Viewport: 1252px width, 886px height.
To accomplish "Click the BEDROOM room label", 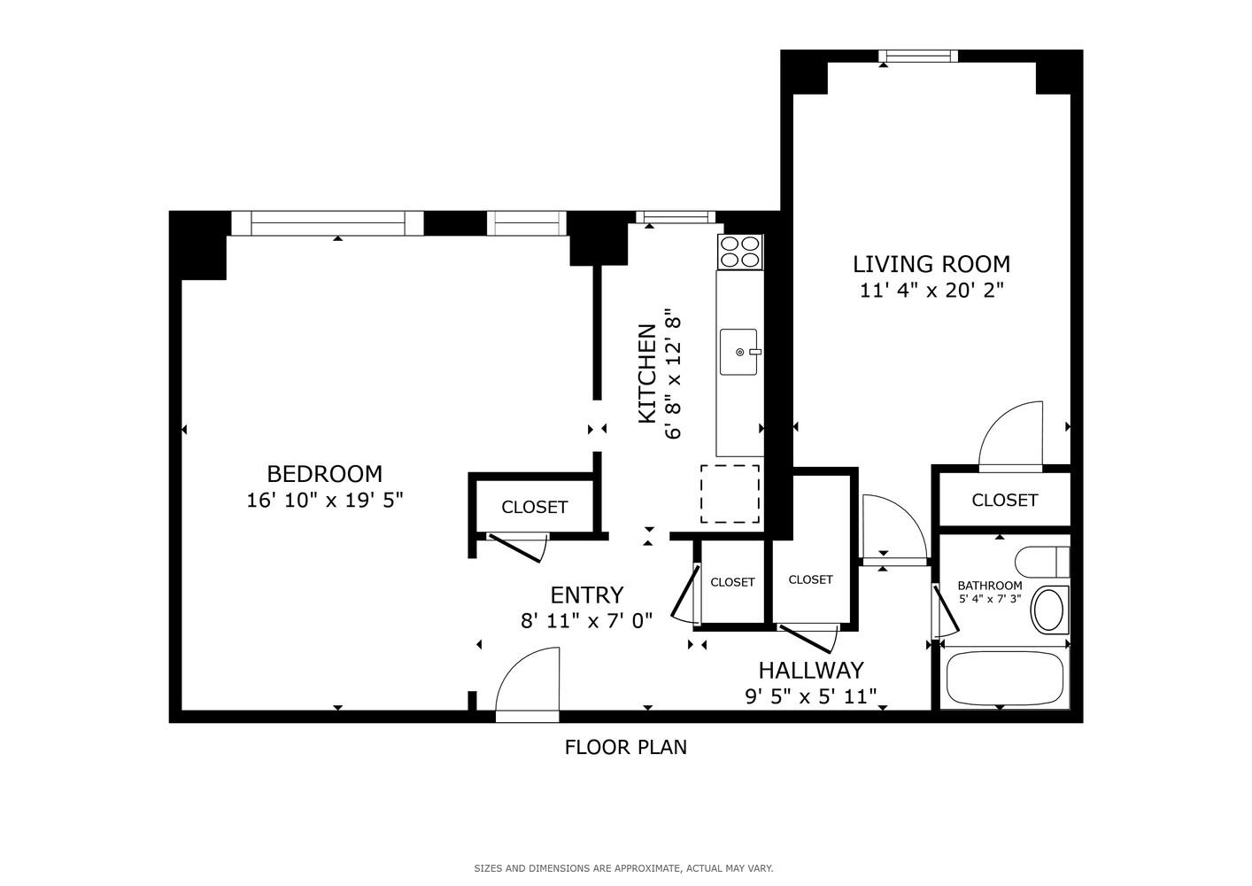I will click(324, 474).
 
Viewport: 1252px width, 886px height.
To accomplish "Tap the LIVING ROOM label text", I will click(931, 264).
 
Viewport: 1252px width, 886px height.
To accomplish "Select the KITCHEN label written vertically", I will click(647, 374).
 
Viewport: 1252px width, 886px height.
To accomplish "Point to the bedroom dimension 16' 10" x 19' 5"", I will click(324, 501).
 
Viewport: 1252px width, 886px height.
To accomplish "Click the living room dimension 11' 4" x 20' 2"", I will click(931, 291).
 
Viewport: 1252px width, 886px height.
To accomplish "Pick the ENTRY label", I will click(586, 595).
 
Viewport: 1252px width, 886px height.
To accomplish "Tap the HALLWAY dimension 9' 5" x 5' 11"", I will click(810, 697).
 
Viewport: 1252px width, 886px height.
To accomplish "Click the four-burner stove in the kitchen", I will click(740, 251).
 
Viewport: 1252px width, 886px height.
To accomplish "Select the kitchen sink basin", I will click(738, 352).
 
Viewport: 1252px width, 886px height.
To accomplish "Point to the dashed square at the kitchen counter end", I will click(730, 494).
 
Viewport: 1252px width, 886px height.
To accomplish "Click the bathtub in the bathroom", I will click(1004, 680).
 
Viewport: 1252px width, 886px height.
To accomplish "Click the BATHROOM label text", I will click(989, 586).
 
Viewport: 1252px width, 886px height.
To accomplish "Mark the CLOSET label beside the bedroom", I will click(534, 507).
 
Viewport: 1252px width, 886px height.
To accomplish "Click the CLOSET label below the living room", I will click(1004, 500).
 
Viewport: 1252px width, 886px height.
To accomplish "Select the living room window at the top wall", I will click(918, 57).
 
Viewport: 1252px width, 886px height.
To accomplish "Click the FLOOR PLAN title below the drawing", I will click(625, 747).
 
